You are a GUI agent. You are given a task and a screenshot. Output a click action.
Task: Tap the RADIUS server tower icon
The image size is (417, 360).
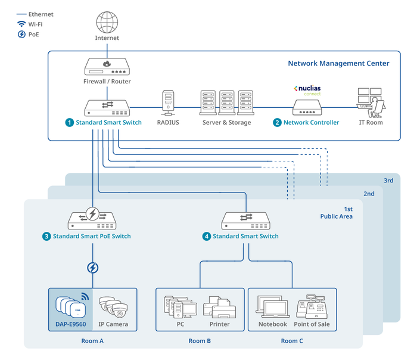[168, 103]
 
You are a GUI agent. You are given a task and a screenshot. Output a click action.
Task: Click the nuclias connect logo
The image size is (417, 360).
[307, 90]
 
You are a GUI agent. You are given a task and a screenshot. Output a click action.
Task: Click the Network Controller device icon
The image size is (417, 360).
[307, 107]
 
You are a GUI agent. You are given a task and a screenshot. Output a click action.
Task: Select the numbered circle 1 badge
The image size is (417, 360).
[69, 123]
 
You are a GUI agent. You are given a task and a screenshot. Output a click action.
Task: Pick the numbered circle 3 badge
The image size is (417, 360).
[46, 237]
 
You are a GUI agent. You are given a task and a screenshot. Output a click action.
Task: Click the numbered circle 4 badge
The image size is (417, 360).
[206, 237]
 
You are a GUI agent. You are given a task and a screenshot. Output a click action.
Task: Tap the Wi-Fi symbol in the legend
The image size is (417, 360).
[21, 24]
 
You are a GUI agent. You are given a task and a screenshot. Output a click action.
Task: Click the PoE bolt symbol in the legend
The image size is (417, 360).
[21, 35]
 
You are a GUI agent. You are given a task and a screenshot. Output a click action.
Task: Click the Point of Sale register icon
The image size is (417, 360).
[313, 306]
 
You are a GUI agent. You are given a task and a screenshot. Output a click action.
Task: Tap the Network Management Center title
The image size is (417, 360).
[338, 63]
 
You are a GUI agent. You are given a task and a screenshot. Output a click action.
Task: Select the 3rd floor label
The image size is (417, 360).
[388, 180]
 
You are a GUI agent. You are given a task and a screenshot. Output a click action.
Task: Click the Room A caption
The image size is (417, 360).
[92, 342]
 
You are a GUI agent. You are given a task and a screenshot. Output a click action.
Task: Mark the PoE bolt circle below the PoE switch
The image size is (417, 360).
[92, 268]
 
